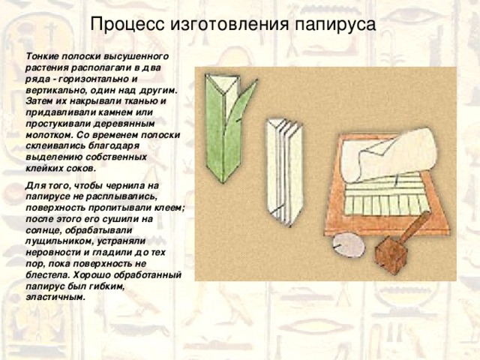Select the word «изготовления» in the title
[225, 25]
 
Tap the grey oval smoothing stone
[349, 244]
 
